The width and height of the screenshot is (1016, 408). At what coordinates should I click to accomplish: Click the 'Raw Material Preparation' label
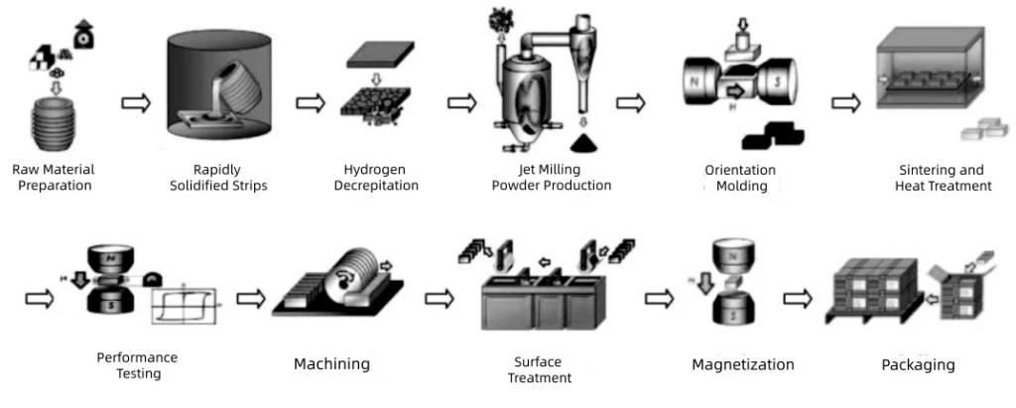pyautogui.click(x=54, y=177)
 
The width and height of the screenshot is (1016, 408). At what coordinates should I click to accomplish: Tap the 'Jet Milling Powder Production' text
pyautogui.click(x=552, y=177)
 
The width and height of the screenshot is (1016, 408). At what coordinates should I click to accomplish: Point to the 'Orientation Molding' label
pyautogui.click(x=740, y=178)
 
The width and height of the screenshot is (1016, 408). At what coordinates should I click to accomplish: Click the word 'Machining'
pyautogui.click(x=331, y=364)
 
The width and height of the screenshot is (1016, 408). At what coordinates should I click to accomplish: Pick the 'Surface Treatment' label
pyautogui.click(x=540, y=369)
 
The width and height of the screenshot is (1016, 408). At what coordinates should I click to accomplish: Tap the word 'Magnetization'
pyautogui.click(x=743, y=364)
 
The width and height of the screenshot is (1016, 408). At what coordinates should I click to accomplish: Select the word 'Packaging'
pyautogui.click(x=918, y=364)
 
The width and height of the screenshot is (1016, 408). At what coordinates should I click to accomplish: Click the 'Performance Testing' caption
pyautogui.click(x=137, y=365)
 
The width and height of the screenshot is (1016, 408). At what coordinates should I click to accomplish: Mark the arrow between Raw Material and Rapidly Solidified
pyautogui.click(x=135, y=101)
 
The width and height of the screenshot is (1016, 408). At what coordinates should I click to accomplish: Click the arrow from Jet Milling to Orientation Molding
pyautogui.click(x=631, y=102)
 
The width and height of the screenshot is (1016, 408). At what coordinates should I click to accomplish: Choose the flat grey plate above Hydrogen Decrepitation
pyautogui.click(x=382, y=55)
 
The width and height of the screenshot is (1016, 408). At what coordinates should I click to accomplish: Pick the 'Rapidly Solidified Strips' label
pyautogui.click(x=216, y=177)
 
